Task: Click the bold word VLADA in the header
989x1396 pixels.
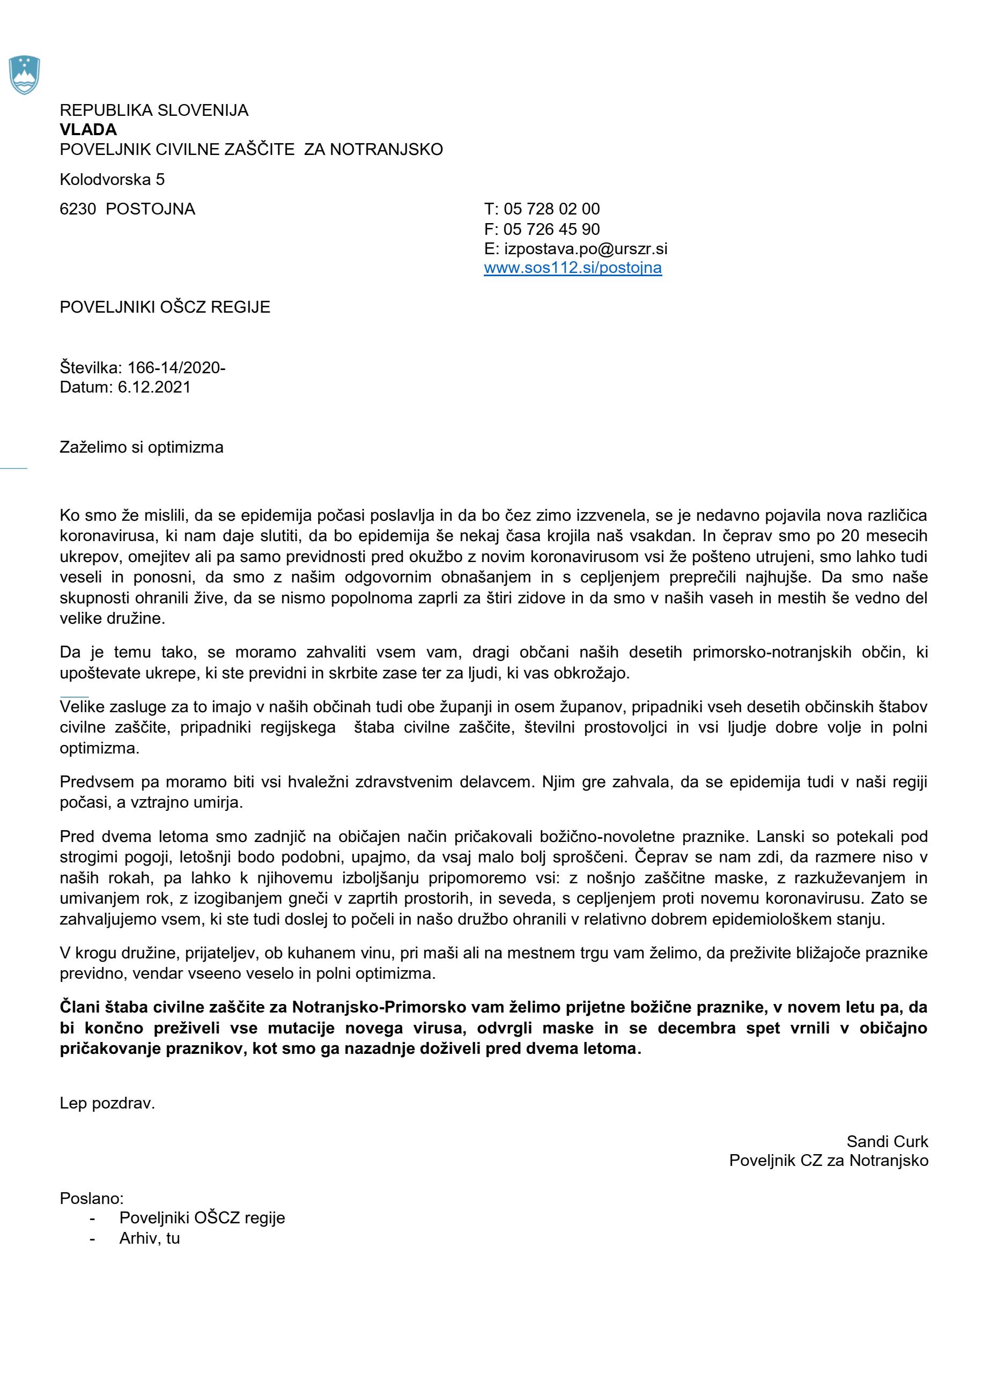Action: [88, 130]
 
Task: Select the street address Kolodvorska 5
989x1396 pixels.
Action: [112, 180]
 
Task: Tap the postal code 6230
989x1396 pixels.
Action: [78, 210]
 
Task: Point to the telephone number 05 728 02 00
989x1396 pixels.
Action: [552, 210]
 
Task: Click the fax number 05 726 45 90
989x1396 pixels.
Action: [552, 230]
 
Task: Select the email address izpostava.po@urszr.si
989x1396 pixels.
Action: [585, 249]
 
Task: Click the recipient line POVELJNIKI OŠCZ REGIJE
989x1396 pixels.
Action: [165, 307]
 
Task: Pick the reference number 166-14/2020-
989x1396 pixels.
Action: [176, 368]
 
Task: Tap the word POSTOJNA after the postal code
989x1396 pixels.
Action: [150, 210]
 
